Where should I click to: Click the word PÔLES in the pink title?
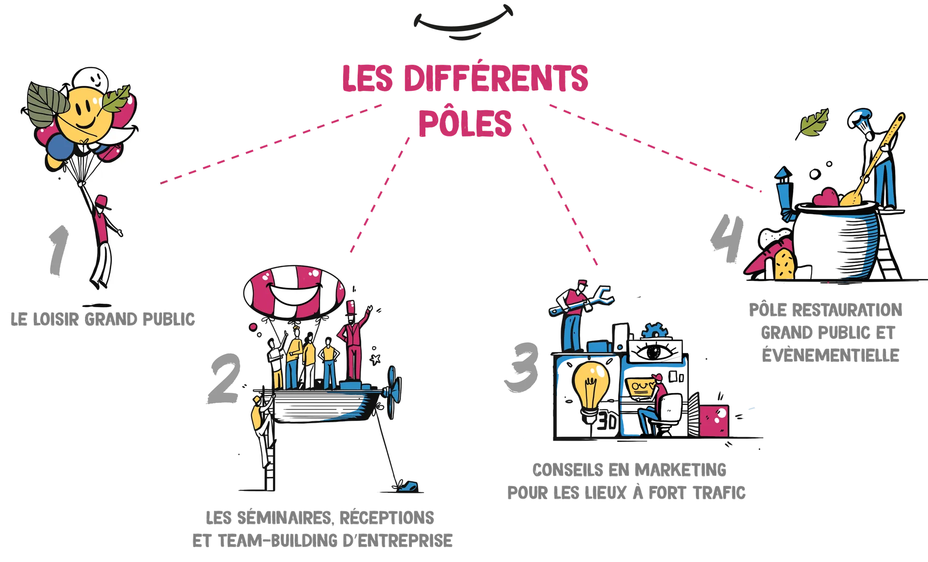tap(464, 122)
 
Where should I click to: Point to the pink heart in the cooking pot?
tap(826, 198)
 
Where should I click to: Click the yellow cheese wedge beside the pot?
tap(784, 265)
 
